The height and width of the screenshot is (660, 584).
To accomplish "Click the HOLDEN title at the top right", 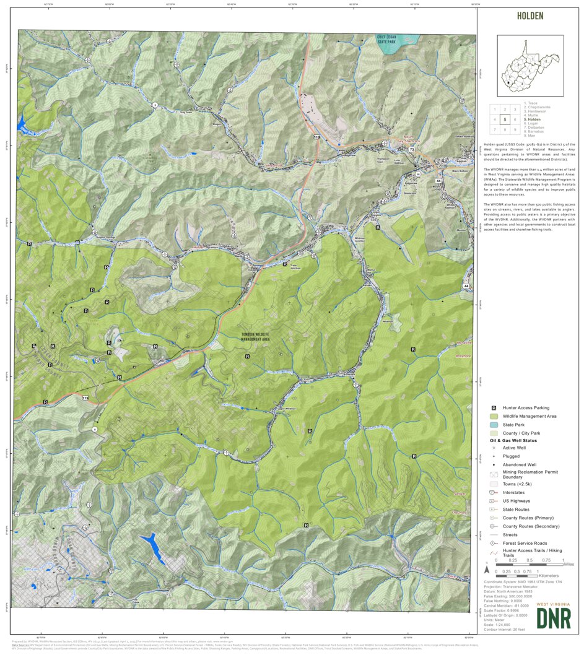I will tap(530, 16).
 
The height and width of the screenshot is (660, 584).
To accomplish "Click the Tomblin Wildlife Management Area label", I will tap(255, 337).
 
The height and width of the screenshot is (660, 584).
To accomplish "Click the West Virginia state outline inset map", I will tap(530, 65).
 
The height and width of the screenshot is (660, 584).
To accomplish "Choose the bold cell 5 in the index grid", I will tap(505, 119).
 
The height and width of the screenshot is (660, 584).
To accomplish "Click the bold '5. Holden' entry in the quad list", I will tap(531, 119).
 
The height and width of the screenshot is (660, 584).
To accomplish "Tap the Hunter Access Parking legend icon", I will tap(494, 408).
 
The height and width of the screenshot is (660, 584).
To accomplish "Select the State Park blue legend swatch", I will tap(494, 425).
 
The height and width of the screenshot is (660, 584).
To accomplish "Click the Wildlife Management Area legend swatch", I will tap(494, 416).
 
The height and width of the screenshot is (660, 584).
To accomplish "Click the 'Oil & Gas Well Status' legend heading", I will tap(513, 440).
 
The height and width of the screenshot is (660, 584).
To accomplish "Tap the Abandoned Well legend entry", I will tap(494, 464).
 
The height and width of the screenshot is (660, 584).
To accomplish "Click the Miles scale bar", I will tap(530, 565).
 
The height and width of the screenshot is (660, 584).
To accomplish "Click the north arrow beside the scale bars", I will tap(488, 568).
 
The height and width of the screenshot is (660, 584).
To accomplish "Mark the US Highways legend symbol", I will tap(494, 501).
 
